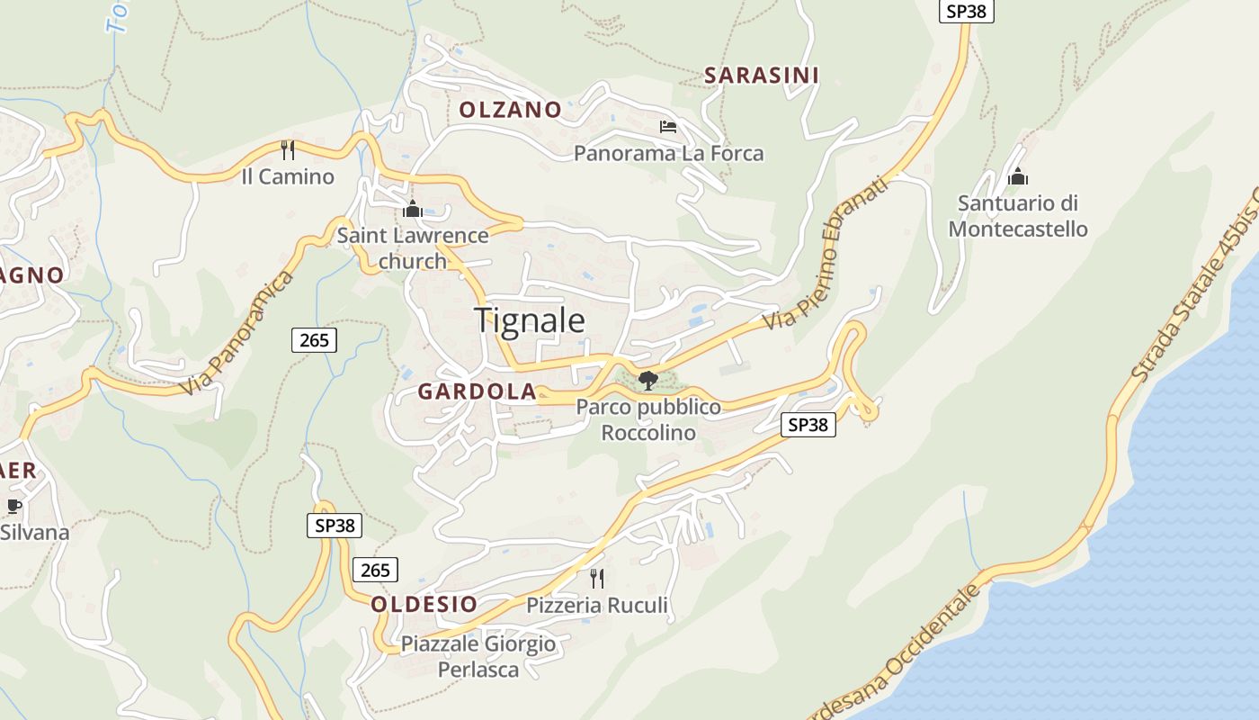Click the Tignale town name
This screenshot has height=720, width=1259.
tap(529, 320)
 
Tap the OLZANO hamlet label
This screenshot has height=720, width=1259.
tap(510, 110)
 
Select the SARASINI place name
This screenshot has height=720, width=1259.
tap(761, 76)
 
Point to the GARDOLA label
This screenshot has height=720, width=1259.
tap(477, 391)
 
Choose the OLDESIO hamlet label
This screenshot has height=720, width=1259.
tap(424, 604)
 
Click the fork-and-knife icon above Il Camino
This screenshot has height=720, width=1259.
tap(288, 149)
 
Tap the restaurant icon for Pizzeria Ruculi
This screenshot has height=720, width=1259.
tap(597, 578)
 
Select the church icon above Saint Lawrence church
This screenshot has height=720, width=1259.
tap(413, 209)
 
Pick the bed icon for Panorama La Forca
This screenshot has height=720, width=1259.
tap(668, 126)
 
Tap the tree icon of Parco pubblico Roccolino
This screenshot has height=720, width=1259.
tap(647, 381)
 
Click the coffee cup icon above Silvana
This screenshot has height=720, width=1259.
tap(13, 506)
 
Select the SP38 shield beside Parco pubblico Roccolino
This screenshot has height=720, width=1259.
tap(808, 425)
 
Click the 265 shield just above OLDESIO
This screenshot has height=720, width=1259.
tap(375, 570)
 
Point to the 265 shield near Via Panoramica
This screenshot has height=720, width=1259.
tap(314, 339)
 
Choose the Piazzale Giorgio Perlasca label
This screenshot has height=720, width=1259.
tap(478, 657)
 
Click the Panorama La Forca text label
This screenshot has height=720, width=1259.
tap(668, 153)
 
